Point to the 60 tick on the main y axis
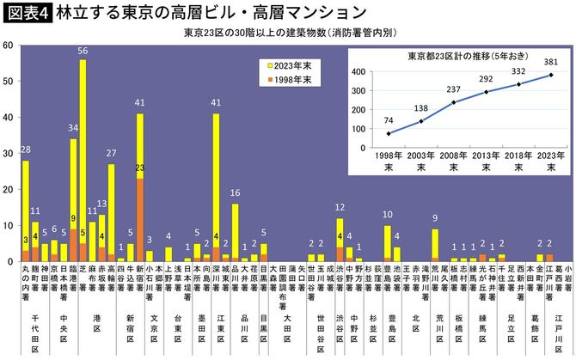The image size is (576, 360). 8,45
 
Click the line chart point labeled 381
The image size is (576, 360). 551,75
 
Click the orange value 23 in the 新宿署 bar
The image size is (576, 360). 140,168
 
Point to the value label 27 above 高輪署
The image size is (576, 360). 111,154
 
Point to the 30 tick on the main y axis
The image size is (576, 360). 8,153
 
